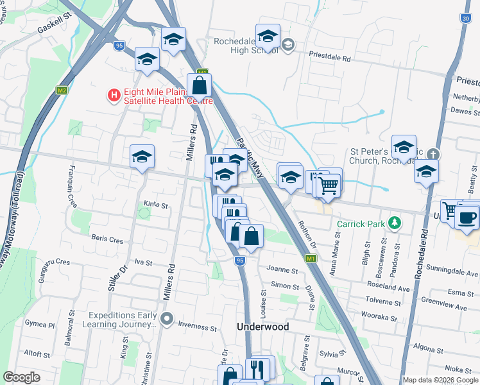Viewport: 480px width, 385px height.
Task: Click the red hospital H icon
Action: tap(114, 96)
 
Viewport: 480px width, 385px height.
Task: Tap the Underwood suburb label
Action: tap(263, 327)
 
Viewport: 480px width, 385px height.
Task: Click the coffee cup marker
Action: tap(467, 217)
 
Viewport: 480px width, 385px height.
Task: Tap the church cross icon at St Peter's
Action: tap(434, 155)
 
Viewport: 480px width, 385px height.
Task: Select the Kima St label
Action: tap(155, 206)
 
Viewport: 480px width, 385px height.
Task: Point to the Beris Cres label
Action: tap(107, 239)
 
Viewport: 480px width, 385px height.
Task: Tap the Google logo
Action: tap(21, 377)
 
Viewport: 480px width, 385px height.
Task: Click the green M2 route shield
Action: tap(62, 90)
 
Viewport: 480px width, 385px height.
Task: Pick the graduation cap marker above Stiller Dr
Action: tap(142, 156)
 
